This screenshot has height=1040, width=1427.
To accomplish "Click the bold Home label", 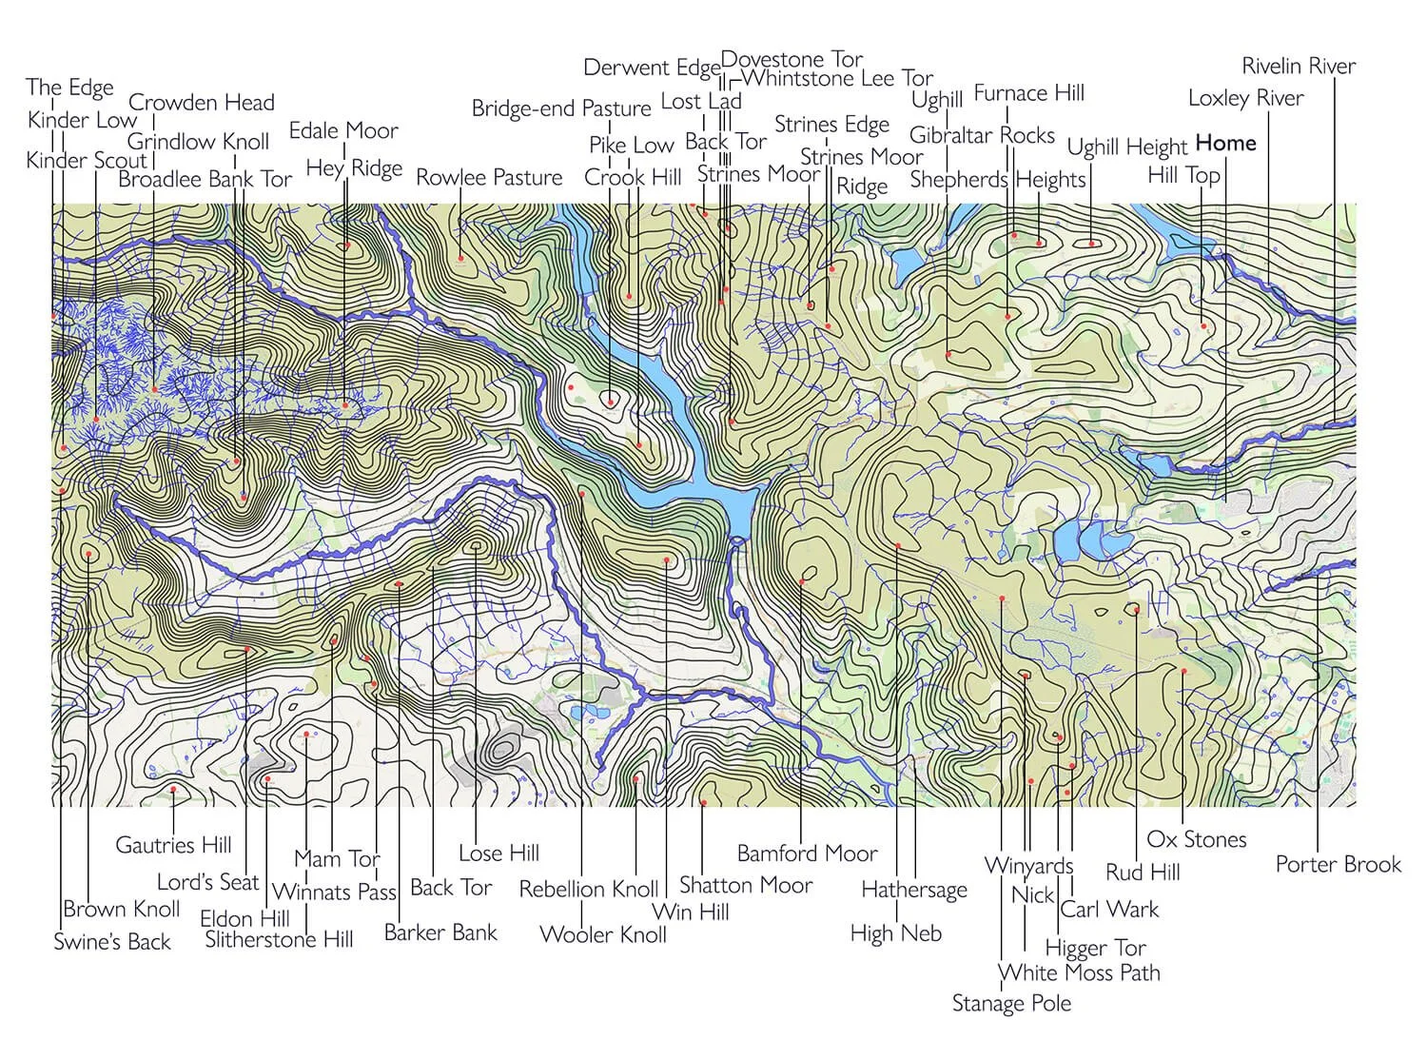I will tap(1225, 143).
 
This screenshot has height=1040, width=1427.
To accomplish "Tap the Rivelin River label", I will tap(1299, 66).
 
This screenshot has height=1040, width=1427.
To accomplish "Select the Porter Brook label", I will tap(1338, 864).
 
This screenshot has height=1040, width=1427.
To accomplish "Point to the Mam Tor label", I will tap(337, 858).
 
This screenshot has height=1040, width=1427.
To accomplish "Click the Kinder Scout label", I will tap(87, 160).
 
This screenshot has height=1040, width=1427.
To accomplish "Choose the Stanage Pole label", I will tap(1011, 1003).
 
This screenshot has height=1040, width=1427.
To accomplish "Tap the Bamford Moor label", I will tap(807, 854).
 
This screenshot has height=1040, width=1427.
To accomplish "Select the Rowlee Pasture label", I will tap(489, 177).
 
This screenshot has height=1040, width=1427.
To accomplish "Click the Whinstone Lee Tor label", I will tap(837, 78).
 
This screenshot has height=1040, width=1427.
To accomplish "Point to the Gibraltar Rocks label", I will tap(982, 135).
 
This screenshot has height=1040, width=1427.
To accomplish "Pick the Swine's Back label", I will tap(112, 941).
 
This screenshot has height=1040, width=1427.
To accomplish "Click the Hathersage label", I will tap(913, 890).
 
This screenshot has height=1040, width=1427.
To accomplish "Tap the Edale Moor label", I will tap(343, 130).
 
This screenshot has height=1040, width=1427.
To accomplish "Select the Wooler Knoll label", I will tap(603, 933).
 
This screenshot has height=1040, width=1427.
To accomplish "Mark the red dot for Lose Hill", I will tap(475, 547).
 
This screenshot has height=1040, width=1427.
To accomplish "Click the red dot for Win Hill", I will tap(667, 560).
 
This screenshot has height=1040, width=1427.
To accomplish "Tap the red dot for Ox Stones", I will tap(1183, 671).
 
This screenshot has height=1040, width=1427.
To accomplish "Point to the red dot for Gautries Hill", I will tap(173, 789).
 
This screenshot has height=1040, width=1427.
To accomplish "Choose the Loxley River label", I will tap(1245, 98).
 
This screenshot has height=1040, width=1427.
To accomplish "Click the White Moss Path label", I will tap(1079, 972).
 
